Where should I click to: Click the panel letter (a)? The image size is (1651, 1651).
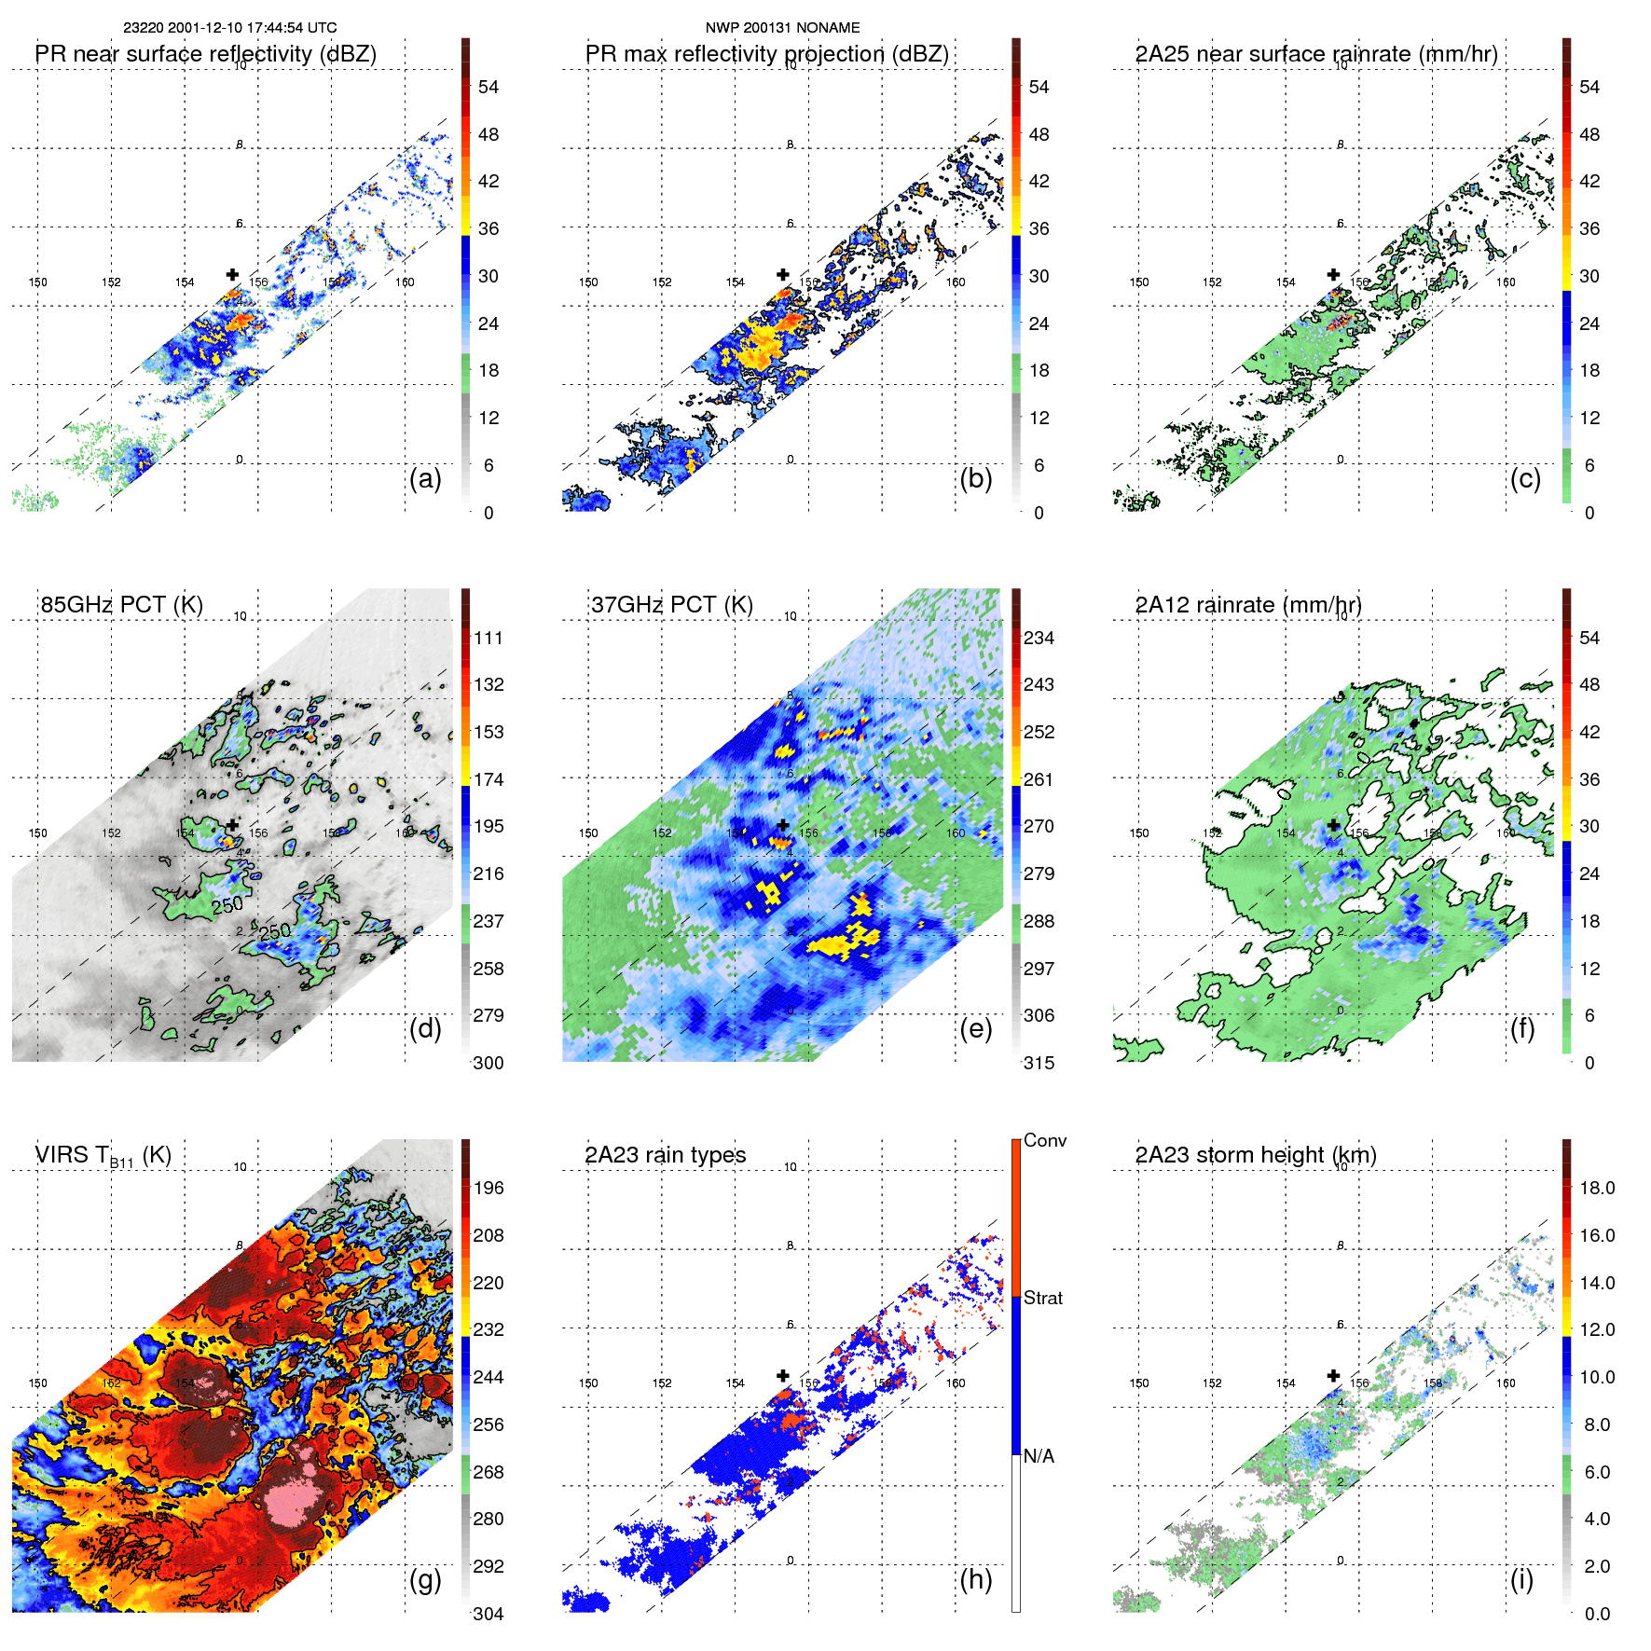[424, 479]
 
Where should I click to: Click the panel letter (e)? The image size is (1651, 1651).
[975, 1029]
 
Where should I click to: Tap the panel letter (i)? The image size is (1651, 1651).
[1521, 1579]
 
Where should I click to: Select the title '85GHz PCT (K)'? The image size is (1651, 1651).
[121, 605]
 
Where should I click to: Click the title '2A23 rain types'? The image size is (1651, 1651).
[665, 1155]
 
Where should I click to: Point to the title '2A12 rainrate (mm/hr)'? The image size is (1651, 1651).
[1247, 605]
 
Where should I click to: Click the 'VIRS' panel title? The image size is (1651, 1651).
[103, 1155]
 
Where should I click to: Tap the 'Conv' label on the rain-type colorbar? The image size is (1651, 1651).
[1044, 1140]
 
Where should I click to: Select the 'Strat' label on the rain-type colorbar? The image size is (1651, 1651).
[1042, 1298]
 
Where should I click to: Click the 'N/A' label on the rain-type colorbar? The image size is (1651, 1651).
[1039, 1456]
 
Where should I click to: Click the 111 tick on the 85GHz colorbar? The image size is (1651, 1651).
[488, 638]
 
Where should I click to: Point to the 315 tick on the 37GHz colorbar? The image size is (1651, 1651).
[1039, 1063]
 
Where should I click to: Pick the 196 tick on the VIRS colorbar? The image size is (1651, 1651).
[488, 1188]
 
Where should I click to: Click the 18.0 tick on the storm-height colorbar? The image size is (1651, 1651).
[1596, 1188]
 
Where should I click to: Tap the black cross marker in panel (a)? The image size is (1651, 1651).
[232, 274]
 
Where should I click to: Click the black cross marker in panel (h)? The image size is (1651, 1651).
[783, 1375]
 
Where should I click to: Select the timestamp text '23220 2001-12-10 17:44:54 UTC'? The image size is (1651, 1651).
[230, 28]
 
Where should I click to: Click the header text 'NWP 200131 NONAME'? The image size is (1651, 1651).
[782, 28]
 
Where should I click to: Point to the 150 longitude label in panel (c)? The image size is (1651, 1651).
[1138, 282]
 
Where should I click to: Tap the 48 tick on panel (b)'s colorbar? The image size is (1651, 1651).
[1039, 134]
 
